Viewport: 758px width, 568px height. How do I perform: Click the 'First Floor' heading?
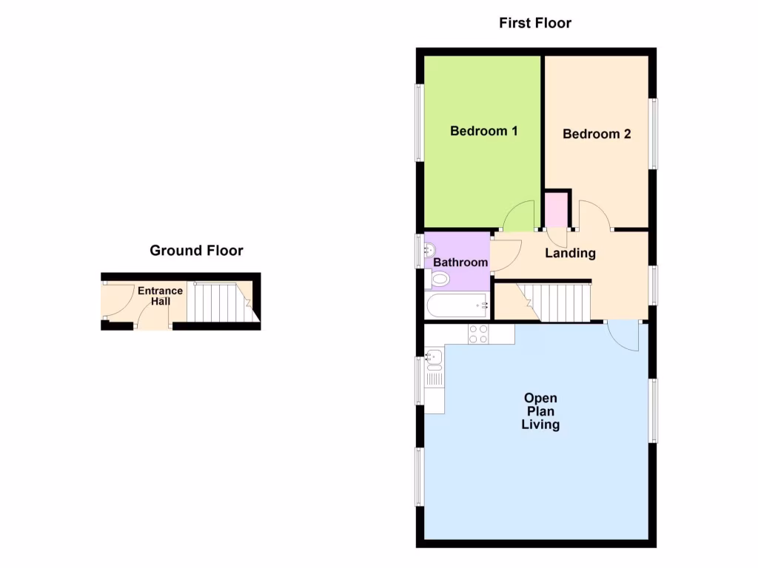[535, 23]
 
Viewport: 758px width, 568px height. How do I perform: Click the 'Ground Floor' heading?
[196, 251]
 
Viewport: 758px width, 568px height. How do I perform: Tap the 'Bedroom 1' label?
[483, 132]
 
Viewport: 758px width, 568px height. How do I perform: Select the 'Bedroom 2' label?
[597, 134]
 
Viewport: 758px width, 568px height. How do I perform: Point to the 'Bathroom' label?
[460, 263]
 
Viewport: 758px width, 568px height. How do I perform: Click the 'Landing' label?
[570, 254]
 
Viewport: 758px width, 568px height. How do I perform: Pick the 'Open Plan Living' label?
[540, 411]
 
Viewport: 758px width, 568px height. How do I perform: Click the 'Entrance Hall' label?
[160, 296]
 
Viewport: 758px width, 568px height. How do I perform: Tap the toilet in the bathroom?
[439, 280]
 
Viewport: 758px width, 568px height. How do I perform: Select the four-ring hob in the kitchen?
[478, 334]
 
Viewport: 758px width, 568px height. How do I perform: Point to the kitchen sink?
[434, 359]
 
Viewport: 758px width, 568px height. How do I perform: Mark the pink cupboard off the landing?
[556, 209]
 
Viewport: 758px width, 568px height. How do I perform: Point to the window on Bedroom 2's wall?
[654, 134]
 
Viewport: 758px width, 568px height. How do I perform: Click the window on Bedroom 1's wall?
[419, 123]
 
